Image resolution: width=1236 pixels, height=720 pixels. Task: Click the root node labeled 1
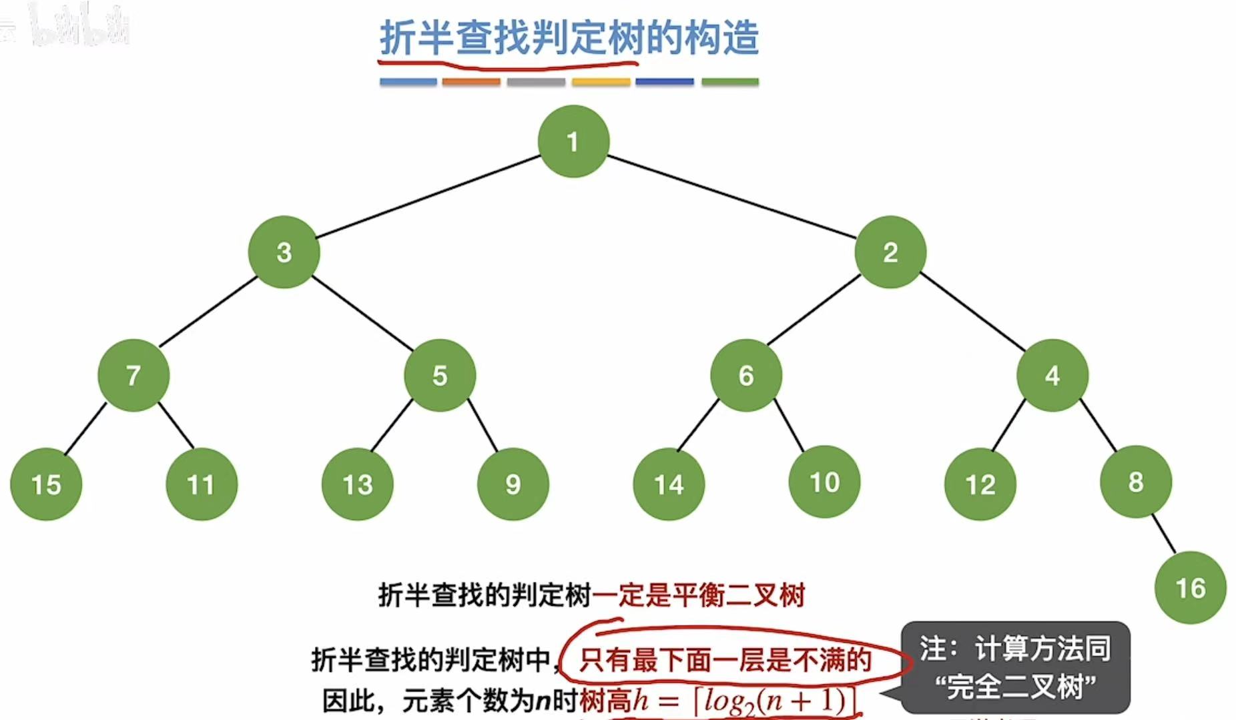(x=573, y=141)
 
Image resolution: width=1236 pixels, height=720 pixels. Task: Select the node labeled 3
(x=284, y=252)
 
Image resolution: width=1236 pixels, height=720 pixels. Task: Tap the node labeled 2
(x=890, y=252)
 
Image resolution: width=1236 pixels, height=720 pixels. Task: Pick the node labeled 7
(x=133, y=375)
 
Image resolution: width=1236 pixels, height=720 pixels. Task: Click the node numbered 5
(x=440, y=375)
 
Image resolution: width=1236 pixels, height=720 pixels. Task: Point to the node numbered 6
(x=746, y=375)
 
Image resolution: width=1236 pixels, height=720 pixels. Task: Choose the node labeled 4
(x=1052, y=375)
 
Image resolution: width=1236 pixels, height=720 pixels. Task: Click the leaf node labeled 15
(x=46, y=484)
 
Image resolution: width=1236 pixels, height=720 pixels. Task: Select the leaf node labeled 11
(x=202, y=484)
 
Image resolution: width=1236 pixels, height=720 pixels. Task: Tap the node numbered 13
(x=358, y=484)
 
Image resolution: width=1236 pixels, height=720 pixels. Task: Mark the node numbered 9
(x=513, y=484)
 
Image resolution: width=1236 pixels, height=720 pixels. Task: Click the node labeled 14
(x=669, y=484)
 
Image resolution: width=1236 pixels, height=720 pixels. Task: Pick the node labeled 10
(x=824, y=482)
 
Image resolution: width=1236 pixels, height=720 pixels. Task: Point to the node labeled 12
(x=980, y=484)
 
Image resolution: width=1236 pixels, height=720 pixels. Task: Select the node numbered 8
(x=1136, y=482)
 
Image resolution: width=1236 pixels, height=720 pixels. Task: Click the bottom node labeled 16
(x=1191, y=588)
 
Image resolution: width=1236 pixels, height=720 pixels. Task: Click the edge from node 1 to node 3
(x=427, y=197)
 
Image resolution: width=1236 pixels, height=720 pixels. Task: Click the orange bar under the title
(x=471, y=82)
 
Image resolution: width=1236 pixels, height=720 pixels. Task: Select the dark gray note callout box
(x=1015, y=667)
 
